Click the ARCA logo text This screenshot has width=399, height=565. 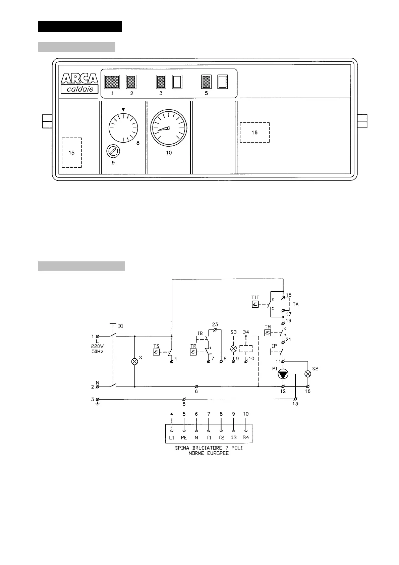click(79, 79)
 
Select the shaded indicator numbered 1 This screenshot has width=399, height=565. click(112, 82)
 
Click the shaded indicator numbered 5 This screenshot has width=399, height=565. click(206, 82)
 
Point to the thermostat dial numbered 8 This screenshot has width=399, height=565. click(123, 128)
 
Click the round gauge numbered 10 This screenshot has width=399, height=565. click(168, 128)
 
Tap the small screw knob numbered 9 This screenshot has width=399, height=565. click(113, 152)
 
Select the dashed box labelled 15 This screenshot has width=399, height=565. click(72, 153)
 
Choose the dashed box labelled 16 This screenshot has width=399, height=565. click(254, 133)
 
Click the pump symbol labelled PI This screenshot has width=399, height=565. click(283, 374)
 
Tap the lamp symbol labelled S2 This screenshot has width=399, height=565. click(308, 374)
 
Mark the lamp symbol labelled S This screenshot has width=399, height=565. click(134, 361)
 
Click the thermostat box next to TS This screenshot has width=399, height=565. click(156, 352)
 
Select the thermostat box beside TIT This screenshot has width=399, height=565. click(255, 305)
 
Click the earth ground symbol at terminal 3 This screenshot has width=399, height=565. click(97, 404)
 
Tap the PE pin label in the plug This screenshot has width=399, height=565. click(184, 438)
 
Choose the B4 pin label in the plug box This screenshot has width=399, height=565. click(246, 438)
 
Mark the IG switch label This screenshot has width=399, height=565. click(120, 326)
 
